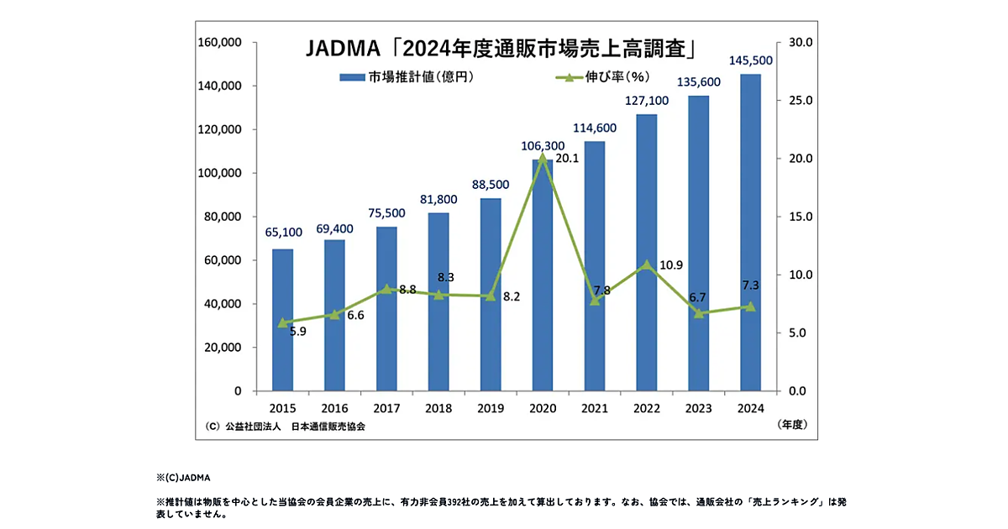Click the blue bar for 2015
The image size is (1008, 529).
283,320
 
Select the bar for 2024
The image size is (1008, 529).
750,233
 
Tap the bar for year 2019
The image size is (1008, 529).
491,295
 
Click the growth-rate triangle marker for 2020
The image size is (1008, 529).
543,157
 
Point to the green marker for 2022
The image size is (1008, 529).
646,264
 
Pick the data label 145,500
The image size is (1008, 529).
751,61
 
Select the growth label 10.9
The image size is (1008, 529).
670,265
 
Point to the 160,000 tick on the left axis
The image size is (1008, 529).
221,42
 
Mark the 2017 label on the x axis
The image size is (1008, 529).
386,408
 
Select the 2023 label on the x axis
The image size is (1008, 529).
699,408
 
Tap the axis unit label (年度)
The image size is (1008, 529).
791,426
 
